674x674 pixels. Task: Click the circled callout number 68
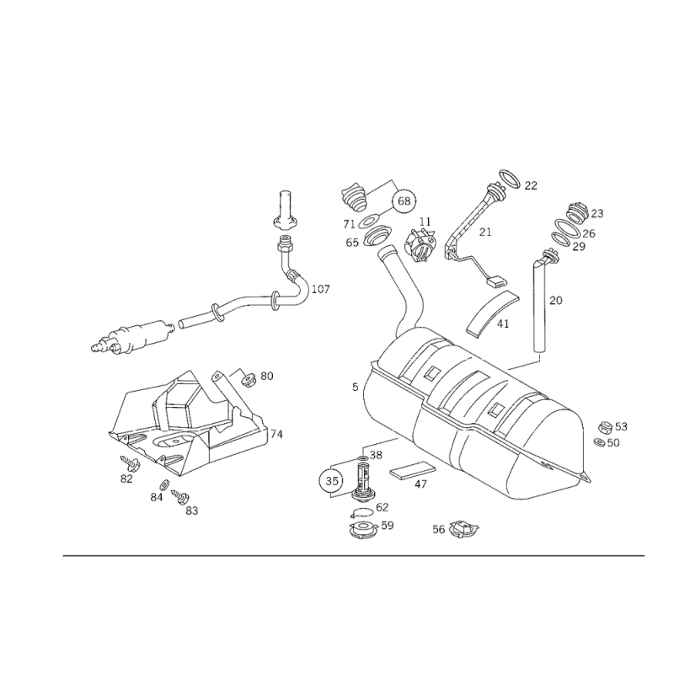click(x=404, y=201)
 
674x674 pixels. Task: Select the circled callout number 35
click(x=332, y=480)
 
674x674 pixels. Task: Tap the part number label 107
click(x=321, y=289)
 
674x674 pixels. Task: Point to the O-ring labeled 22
click(x=511, y=179)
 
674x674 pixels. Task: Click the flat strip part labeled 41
click(x=492, y=312)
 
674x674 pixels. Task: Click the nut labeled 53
click(x=605, y=427)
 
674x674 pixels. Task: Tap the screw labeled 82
click(x=129, y=462)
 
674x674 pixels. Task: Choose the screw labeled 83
click(x=179, y=496)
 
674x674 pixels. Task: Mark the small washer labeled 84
click(x=164, y=484)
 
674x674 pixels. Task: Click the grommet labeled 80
click(x=249, y=380)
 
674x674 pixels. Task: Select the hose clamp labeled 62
click(x=362, y=512)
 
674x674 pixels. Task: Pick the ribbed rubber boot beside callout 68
click(x=355, y=197)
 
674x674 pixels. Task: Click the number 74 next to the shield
click(x=276, y=434)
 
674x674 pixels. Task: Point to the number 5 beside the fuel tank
click(x=355, y=388)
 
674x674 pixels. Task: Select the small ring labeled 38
click(x=362, y=459)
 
